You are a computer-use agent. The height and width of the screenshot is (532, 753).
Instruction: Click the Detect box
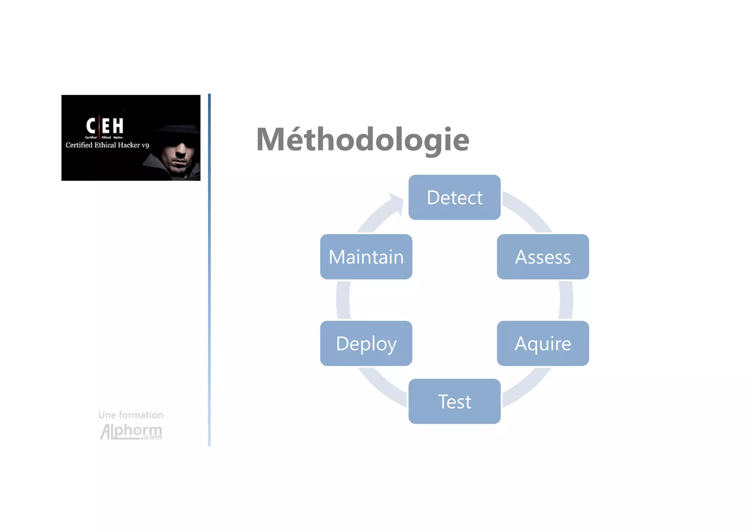(454, 197)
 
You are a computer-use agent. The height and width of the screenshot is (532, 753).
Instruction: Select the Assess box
(543, 257)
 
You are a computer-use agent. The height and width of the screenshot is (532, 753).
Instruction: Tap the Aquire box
(543, 343)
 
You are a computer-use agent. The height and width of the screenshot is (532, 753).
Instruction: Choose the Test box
(454, 401)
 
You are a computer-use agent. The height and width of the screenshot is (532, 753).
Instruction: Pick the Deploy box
(366, 343)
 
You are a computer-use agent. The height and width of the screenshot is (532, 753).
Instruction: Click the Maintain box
(366, 257)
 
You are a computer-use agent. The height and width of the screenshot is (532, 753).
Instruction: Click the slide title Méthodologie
(363, 139)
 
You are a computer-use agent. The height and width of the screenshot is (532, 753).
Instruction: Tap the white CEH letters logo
(105, 126)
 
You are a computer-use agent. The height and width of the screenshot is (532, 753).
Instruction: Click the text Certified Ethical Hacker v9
(107, 145)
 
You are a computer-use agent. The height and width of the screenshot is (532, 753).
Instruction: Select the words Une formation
(131, 415)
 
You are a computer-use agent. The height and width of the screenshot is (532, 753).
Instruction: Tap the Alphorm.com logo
(131, 431)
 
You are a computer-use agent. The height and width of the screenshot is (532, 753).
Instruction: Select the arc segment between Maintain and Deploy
(343, 300)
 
